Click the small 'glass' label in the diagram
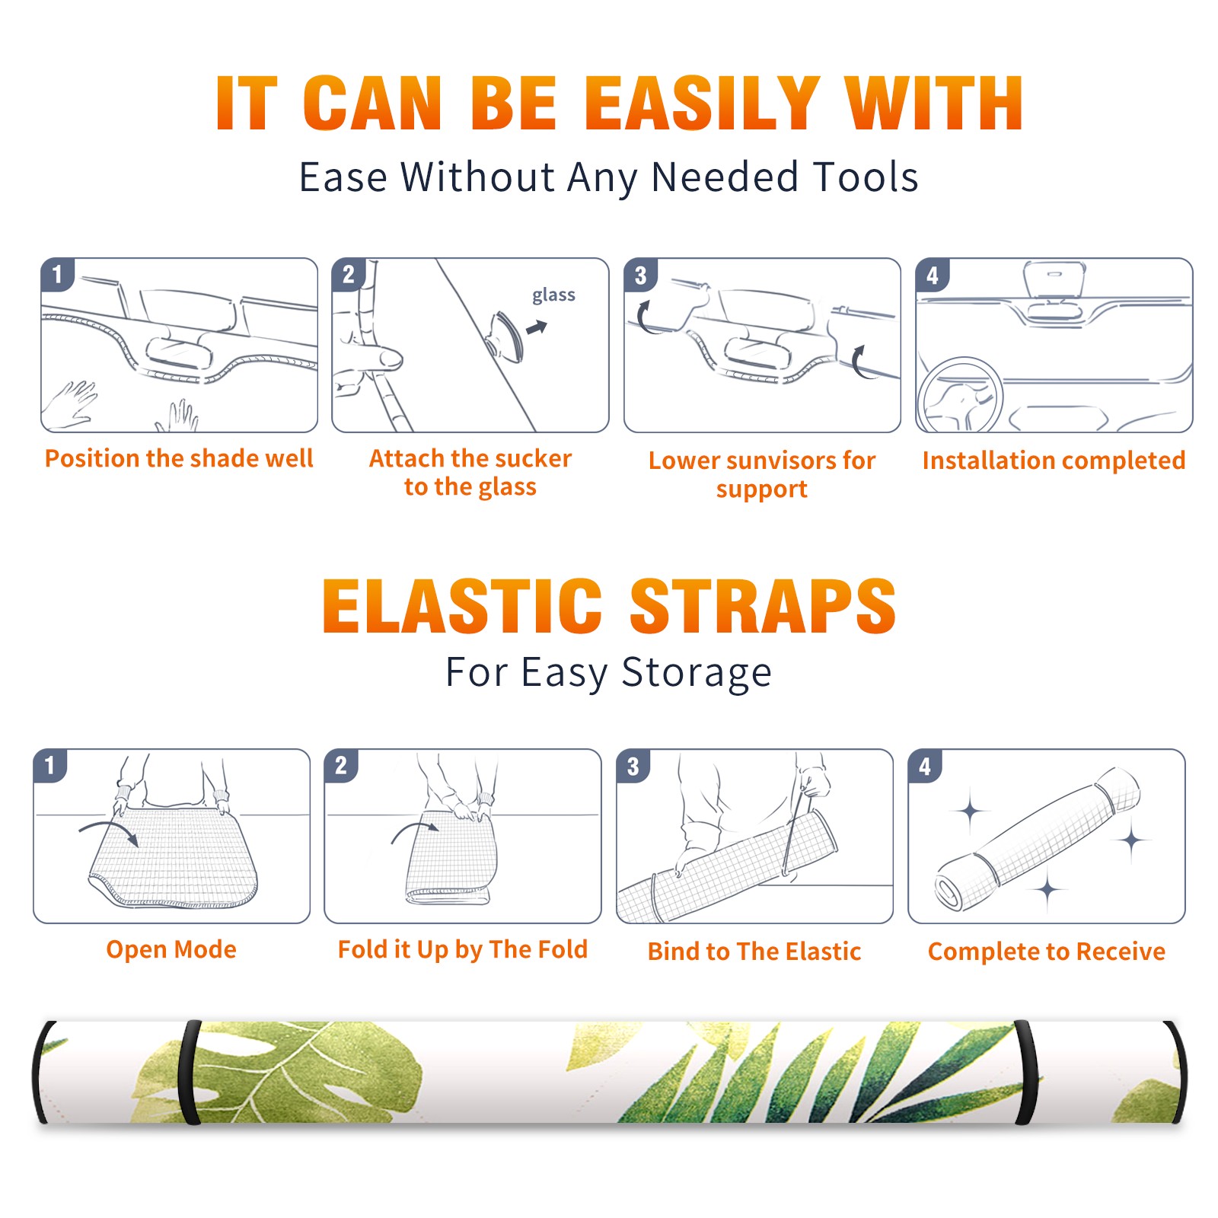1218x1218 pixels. [553, 295]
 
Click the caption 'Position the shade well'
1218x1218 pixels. [179, 458]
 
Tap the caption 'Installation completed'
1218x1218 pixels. [1054, 460]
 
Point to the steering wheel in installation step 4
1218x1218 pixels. [961, 396]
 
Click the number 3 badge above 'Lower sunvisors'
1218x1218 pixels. [640, 276]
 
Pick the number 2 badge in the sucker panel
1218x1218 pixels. [349, 275]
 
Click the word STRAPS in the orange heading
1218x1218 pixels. [763, 606]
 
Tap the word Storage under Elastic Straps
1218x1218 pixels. [697, 673]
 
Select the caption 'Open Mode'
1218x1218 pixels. [171, 949]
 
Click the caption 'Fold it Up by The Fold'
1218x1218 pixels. [463, 949]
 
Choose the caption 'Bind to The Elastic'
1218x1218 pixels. [754, 952]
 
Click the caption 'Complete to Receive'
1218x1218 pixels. [1047, 952]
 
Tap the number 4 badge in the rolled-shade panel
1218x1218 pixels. [925, 766]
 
